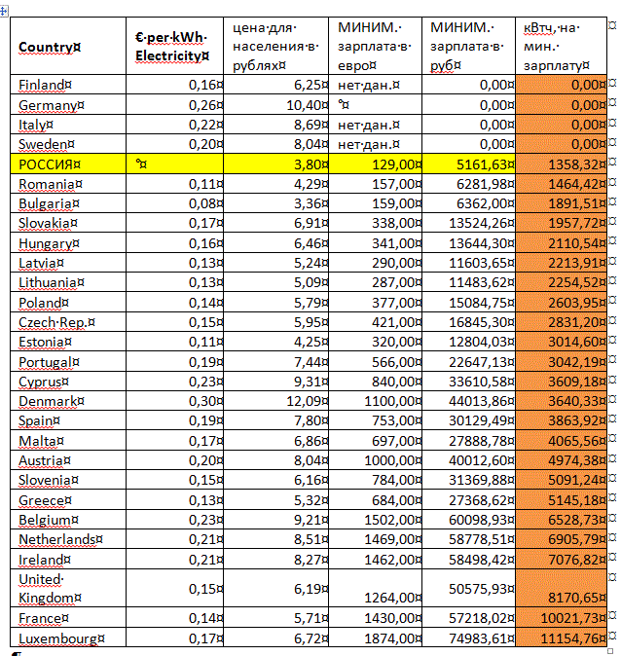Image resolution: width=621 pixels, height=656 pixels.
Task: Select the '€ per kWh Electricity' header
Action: pos(170,47)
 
